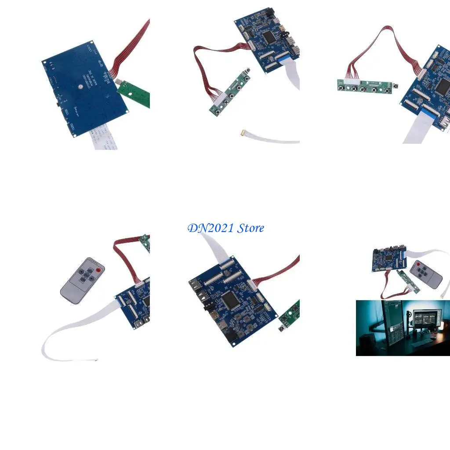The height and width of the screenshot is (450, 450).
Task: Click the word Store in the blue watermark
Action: pyautogui.click(x=250, y=228)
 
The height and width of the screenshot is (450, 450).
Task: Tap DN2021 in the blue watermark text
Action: pyautogui.click(x=210, y=228)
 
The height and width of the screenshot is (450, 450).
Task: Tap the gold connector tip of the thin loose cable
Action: pyautogui.click(x=243, y=132)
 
